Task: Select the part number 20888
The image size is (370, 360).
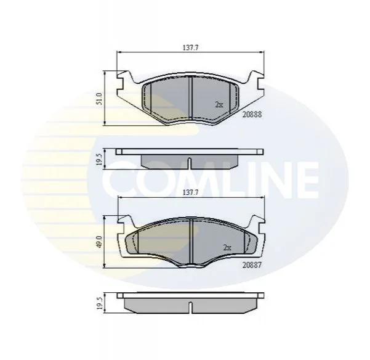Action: pos(252,114)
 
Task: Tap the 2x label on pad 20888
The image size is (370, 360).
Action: pos(219,104)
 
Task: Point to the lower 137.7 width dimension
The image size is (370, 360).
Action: pos(190,193)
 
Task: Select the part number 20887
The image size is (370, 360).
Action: pos(252,265)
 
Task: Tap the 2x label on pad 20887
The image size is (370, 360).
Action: pos(227,248)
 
